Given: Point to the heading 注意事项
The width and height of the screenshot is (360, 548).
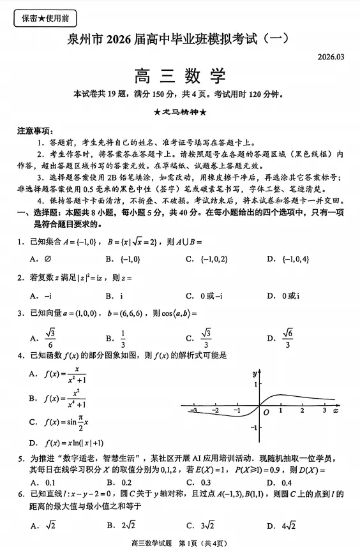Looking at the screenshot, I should click(34, 131).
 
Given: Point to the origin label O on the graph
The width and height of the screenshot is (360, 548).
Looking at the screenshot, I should click(266, 413).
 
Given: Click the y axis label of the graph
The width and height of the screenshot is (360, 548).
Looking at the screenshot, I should click(254, 372).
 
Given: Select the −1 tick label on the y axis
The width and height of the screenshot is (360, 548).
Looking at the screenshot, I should click(253, 427).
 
